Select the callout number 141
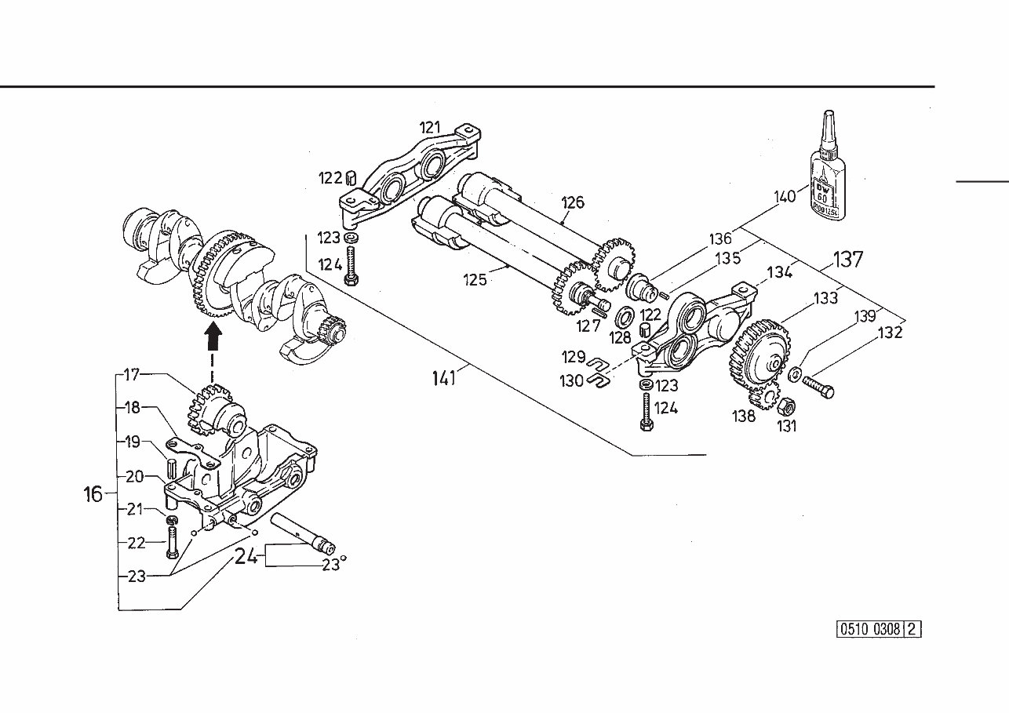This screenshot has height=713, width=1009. (x=444, y=378)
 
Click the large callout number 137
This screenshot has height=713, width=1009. (x=847, y=260)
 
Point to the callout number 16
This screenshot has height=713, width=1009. (x=93, y=493)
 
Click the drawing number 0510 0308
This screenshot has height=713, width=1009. (x=870, y=629)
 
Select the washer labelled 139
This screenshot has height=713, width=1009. (x=795, y=374)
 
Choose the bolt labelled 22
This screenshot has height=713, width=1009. (x=172, y=543)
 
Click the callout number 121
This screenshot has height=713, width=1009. (x=430, y=127)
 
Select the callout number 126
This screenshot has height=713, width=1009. (x=573, y=202)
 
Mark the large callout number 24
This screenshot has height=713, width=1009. (x=246, y=557)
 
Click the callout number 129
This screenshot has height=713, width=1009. (x=574, y=358)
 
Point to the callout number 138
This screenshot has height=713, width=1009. (x=744, y=416)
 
